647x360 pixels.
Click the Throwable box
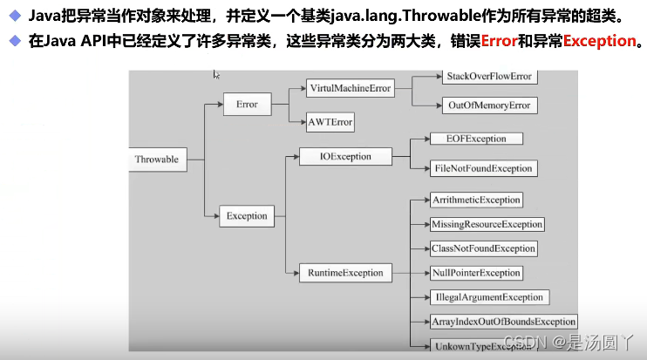click(x=157, y=160)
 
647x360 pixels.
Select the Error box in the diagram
click(x=247, y=105)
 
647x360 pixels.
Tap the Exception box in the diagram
click(x=247, y=215)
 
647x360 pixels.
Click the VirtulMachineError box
click(x=350, y=89)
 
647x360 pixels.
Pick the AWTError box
click(x=330, y=122)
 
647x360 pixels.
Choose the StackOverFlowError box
click(x=488, y=77)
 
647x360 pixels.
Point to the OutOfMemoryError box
click(x=488, y=105)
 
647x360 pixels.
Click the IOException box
click(x=334, y=157)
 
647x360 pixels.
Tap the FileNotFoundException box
click(x=481, y=168)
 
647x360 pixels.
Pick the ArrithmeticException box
click(x=476, y=200)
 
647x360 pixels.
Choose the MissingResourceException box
click(x=487, y=224)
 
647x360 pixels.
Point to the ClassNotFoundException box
click(x=483, y=248)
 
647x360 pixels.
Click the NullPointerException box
click(x=476, y=273)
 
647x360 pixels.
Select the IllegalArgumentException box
click(x=487, y=297)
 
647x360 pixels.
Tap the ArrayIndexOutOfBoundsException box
click(x=504, y=322)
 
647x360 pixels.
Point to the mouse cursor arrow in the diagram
click(x=216, y=75)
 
